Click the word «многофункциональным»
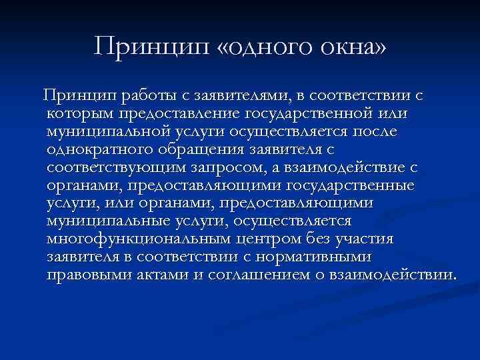point(133,239)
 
